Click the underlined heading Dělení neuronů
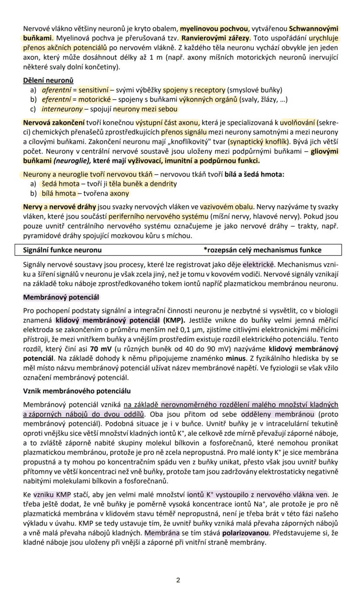click(48, 80)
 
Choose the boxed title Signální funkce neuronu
click(62, 250)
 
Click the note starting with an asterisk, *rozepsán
click(262, 250)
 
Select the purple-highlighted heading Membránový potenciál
click(61, 297)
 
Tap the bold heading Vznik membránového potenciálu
click(77, 391)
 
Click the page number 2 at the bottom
click(178, 580)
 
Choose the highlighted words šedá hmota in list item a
click(60, 184)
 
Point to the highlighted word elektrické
click(259, 264)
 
